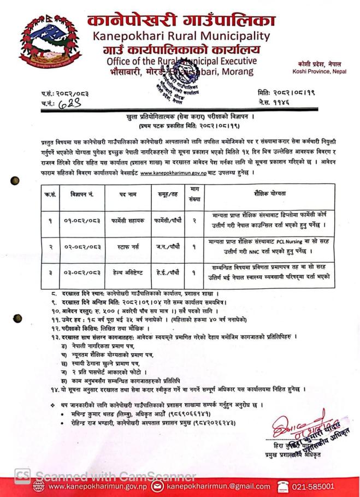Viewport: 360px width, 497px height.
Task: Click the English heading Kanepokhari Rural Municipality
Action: (x=181, y=37)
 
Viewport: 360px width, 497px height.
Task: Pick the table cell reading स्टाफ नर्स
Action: (x=125, y=247)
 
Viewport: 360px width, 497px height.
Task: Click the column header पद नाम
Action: (x=125, y=194)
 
